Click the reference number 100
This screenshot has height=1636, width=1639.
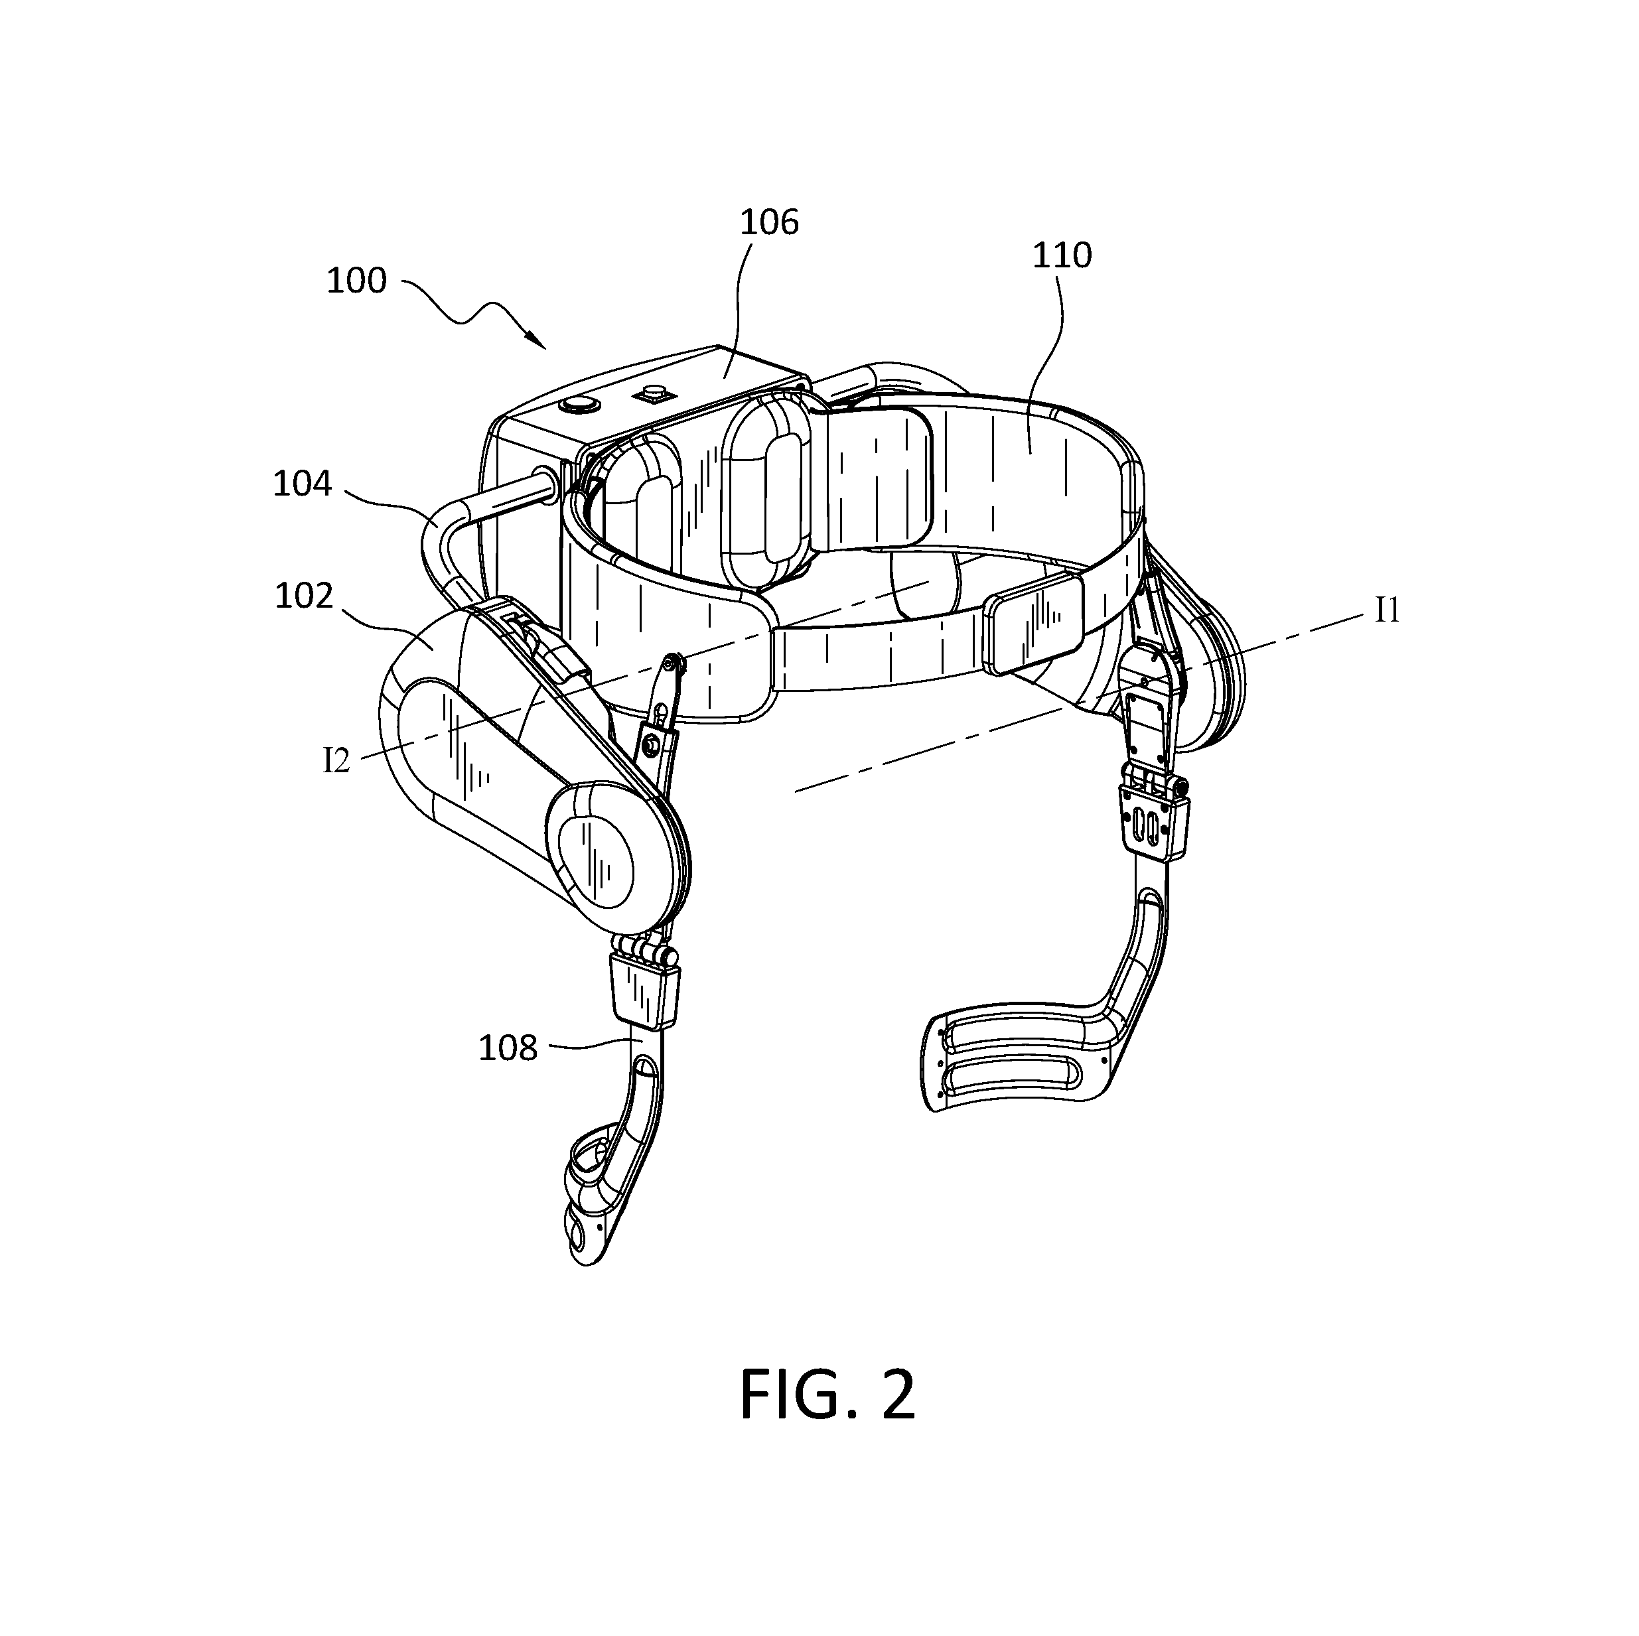coord(356,281)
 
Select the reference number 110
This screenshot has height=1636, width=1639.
coord(1061,255)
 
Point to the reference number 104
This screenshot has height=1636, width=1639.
coord(302,484)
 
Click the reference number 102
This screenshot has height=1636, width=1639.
coord(304,596)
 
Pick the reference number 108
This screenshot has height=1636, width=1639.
coord(508,1048)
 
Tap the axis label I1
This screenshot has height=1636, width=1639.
coord(1387,610)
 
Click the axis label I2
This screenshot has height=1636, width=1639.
coord(336,761)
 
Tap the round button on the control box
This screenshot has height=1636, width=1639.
coord(580,402)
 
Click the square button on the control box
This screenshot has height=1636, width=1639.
coord(656,393)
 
